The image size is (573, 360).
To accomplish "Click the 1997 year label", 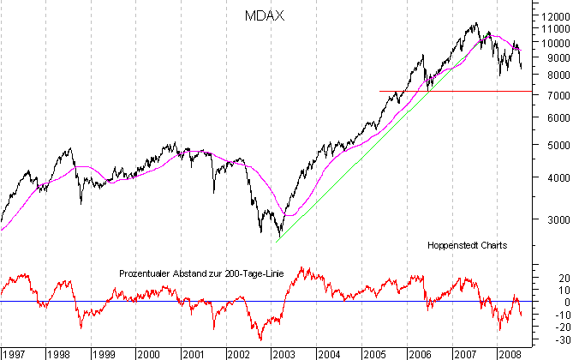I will [12, 352].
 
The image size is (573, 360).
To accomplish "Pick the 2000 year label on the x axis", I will [148, 352].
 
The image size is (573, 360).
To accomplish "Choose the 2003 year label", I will [284, 352].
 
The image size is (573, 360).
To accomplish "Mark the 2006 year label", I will [420, 352].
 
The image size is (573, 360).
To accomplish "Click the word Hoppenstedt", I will [453, 245].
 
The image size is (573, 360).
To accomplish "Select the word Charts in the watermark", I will [494, 245].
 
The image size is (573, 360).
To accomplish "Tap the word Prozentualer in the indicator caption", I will [145, 273].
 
